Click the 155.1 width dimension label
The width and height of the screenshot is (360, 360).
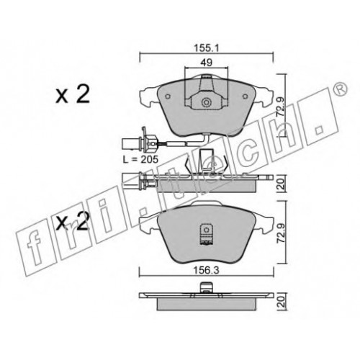(x=207, y=49)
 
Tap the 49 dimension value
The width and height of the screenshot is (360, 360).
(x=207, y=63)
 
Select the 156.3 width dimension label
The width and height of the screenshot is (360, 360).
(x=207, y=271)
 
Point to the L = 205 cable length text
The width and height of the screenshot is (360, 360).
(x=140, y=159)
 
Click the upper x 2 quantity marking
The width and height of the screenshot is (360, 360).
(x=73, y=94)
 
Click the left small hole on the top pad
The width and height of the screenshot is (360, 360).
(x=168, y=96)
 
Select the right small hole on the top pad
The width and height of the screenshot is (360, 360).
(x=245, y=96)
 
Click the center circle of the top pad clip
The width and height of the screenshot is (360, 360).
(x=206, y=102)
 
